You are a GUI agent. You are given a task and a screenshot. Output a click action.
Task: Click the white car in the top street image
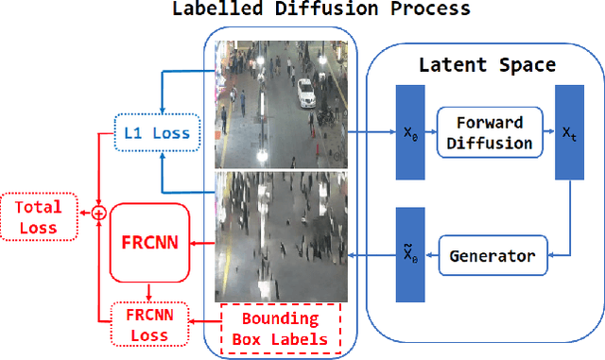click(x=305, y=92)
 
